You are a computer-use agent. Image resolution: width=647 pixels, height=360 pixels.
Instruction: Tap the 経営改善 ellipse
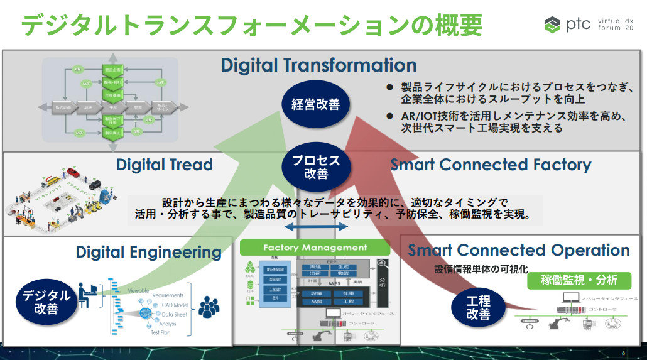pos(316,104)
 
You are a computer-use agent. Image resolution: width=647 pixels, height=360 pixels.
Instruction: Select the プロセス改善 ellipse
pos(316,167)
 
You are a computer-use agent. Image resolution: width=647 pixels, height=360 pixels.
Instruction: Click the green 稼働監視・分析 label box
pos(579,280)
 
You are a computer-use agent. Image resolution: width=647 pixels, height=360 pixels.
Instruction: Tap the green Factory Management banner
pos(315,248)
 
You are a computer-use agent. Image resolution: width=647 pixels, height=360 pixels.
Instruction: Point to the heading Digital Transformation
pos(318,65)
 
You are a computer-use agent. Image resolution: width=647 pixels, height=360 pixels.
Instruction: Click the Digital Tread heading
pos(165,165)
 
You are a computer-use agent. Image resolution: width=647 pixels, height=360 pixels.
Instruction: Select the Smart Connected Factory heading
pos(491,165)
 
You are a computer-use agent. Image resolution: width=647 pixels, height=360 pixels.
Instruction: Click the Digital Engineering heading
pos(149,253)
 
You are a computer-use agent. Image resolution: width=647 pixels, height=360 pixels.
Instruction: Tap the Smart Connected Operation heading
pos(519,250)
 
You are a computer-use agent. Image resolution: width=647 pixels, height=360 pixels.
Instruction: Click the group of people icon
pos(209,307)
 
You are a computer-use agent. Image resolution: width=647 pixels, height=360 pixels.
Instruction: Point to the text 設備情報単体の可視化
pos(481,269)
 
